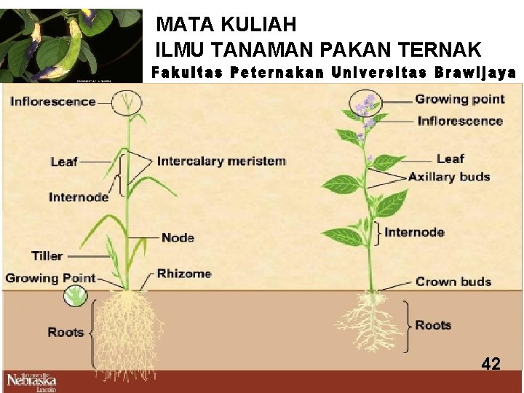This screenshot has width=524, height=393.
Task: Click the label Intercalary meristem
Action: (221, 161)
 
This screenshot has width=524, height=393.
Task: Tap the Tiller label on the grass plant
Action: (47, 255)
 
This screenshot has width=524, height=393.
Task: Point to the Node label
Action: (178, 237)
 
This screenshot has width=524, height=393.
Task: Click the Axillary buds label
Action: (449, 176)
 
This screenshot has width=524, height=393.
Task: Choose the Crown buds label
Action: (453, 282)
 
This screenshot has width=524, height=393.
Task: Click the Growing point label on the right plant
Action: (459, 100)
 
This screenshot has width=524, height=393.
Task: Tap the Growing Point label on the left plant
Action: (50, 277)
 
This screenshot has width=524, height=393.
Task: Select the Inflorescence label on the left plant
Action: (53, 101)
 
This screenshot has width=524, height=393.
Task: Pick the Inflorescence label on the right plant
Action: (460, 121)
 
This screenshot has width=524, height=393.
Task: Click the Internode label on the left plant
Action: (79, 196)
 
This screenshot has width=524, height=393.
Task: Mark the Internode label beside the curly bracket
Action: (414, 232)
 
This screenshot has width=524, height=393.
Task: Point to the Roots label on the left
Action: (65, 332)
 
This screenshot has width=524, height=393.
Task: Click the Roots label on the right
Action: (433, 325)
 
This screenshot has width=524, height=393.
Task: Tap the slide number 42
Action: (491, 364)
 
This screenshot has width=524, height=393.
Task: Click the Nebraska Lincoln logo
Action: (31, 381)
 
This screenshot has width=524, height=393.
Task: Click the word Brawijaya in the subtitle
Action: (475, 73)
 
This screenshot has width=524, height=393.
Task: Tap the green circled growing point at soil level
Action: (75, 295)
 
